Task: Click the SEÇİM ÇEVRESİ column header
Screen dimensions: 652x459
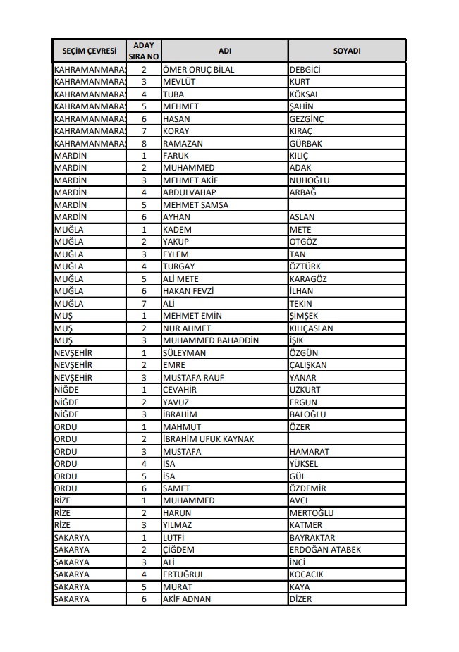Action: tap(89, 51)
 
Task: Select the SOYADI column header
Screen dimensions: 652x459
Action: tap(346, 51)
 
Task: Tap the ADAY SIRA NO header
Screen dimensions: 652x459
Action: tap(143, 51)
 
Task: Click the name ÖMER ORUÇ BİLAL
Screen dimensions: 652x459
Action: tap(198, 70)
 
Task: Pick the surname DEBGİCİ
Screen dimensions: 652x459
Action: tap(305, 70)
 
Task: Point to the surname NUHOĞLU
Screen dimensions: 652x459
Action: tap(310, 180)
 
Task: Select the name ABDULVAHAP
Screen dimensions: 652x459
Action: tap(189, 192)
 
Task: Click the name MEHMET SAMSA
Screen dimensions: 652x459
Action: tap(195, 205)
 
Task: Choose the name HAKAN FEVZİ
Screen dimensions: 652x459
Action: tap(188, 291)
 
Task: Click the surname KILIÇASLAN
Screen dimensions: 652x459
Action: tap(312, 328)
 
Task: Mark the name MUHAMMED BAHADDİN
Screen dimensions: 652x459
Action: tap(210, 340)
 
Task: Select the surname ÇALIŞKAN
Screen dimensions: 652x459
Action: tap(308, 365)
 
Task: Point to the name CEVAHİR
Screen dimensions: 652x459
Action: tap(179, 390)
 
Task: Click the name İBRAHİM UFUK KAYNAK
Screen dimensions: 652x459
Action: tap(208, 439)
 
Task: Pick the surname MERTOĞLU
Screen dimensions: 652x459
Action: tap(312, 513)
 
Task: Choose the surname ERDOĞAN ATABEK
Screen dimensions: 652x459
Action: tap(325, 550)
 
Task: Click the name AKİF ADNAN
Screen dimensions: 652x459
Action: tap(187, 599)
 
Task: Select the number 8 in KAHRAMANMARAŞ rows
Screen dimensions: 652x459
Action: tap(144, 144)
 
